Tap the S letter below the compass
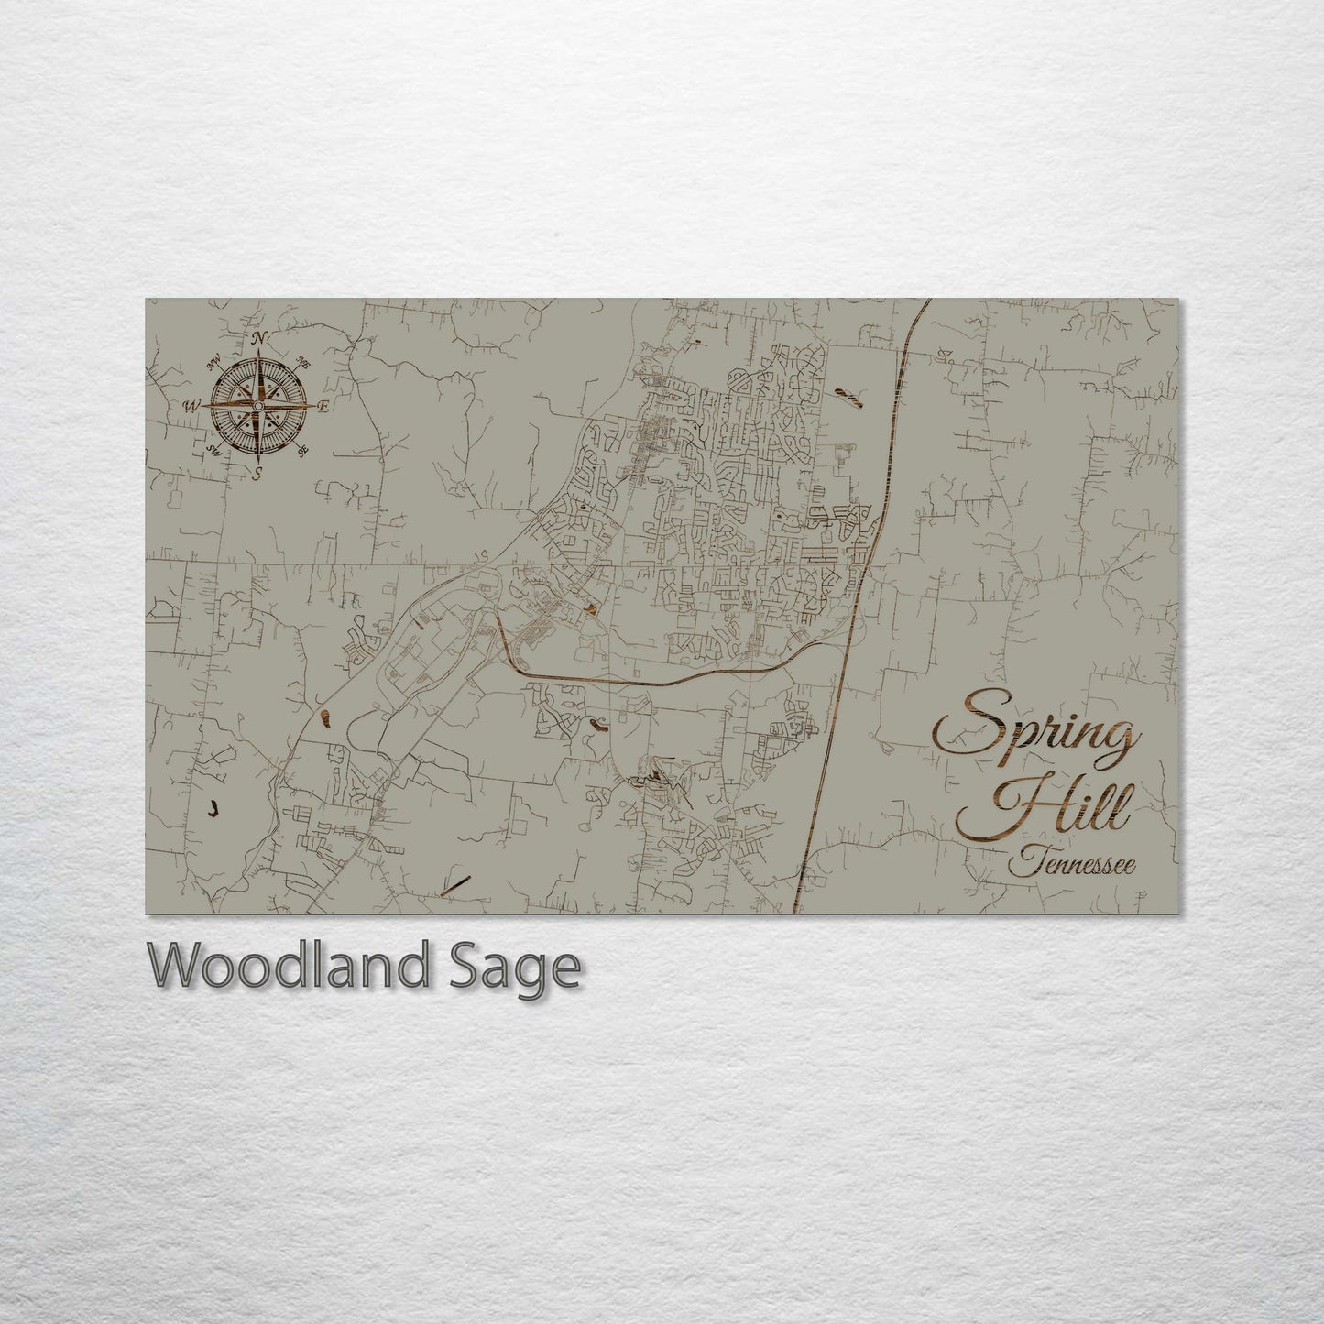coord(258,473)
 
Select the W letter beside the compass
coord(192,405)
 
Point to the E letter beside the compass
coord(323,404)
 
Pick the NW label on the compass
coord(216,363)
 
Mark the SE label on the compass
coord(303,449)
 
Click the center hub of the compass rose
coord(258,405)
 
